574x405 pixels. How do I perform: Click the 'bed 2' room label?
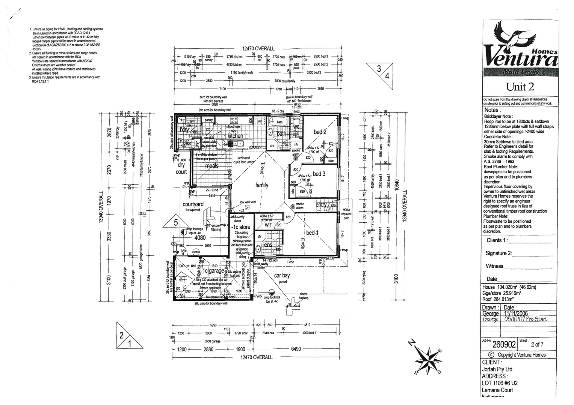[320, 132]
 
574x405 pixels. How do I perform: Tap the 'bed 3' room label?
[319, 174]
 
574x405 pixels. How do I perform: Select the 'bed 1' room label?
[312, 233]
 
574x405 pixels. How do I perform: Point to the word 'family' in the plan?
[262, 185]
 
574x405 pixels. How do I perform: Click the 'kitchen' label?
[235, 136]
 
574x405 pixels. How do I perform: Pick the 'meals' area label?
[211, 166]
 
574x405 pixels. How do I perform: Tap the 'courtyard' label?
[193, 204]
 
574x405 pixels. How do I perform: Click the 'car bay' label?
[282, 276]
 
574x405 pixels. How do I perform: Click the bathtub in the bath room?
[270, 132]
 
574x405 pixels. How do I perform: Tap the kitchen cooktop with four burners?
[233, 121]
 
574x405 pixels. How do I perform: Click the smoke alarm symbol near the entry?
[293, 206]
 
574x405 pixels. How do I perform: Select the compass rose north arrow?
[428, 357]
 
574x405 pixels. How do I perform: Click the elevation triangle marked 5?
[175, 222]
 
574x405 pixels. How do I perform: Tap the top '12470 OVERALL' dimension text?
[258, 49]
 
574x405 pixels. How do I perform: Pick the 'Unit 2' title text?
[520, 87]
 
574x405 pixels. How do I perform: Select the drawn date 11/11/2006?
[516, 313]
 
